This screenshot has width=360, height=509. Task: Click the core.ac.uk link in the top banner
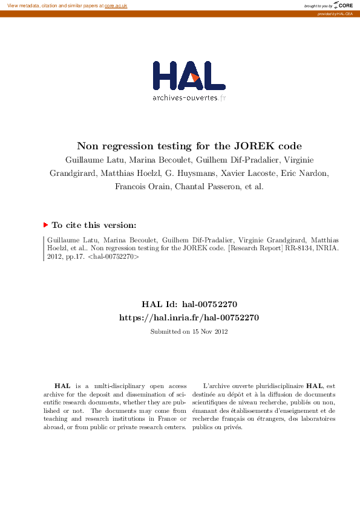116,5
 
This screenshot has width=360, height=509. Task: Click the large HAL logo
189,76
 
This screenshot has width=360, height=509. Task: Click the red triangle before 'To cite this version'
45,225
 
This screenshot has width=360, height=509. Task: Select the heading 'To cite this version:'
94,225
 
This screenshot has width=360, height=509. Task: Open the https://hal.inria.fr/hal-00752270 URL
189,317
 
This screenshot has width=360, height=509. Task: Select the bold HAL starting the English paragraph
62,385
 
